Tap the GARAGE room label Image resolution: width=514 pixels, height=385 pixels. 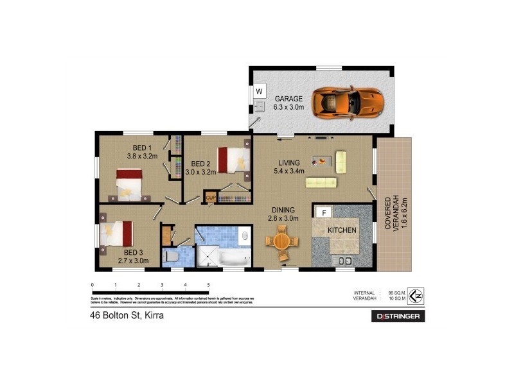[x=288, y=103]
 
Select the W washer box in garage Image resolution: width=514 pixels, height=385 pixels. [x=260, y=92]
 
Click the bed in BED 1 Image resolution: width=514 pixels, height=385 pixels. [x=128, y=184]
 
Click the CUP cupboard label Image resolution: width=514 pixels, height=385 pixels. [x=210, y=197]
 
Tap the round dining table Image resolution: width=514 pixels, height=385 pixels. [x=282, y=242]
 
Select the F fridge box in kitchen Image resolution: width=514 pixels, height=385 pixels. [x=324, y=213]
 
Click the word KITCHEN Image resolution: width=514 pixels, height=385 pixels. [x=342, y=230]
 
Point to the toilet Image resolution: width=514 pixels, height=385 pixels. [x=171, y=257]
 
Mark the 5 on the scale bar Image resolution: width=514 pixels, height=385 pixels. [x=208, y=284]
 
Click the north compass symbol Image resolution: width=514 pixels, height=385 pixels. [x=416, y=295]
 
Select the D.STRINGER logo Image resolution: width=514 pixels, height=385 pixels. [x=398, y=316]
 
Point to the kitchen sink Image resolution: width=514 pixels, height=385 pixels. [x=344, y=261]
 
